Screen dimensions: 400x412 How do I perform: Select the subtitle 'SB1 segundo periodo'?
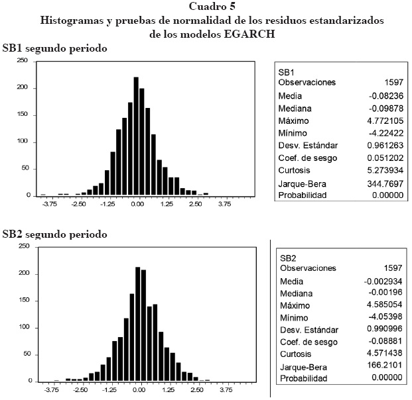54,48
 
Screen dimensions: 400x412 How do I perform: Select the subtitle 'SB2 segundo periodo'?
54,234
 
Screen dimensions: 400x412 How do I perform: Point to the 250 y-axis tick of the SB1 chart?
22,60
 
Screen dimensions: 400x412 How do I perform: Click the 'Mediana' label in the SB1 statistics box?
295,109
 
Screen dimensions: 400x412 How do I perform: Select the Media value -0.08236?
383,96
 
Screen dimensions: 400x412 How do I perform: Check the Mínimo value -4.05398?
384,317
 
